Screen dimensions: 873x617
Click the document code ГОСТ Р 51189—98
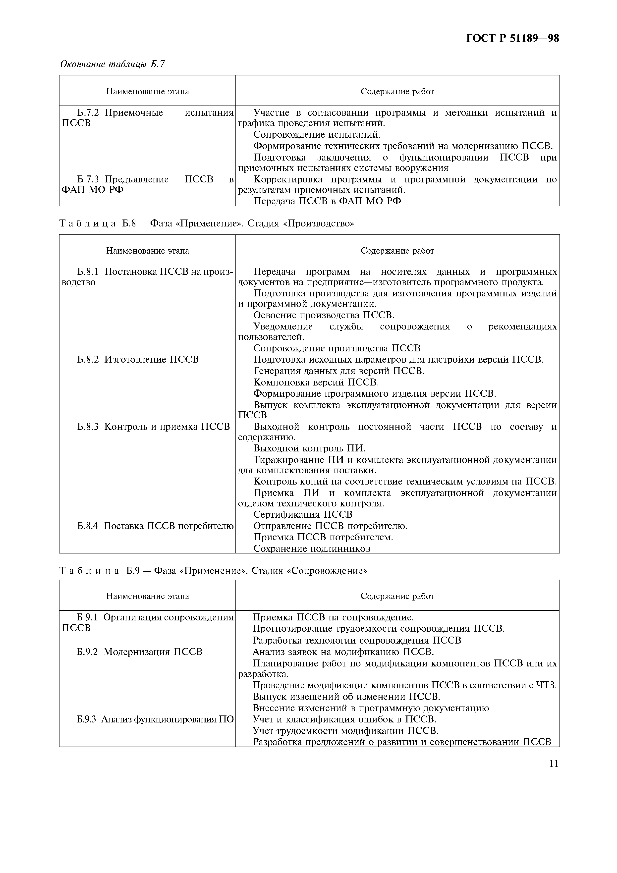[x=512, y=38]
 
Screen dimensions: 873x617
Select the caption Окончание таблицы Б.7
[x=112, y=64]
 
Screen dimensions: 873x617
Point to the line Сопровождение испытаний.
[x=316, y=135]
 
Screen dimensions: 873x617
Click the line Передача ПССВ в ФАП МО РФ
[x=327, y=201]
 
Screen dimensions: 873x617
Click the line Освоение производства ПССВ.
[x=324, y=315]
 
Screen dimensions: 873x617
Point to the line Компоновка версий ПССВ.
[x=316, y=382]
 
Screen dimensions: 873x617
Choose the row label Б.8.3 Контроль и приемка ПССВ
[x=154, y=427]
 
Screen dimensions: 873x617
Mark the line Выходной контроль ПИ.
[x=309, y=449]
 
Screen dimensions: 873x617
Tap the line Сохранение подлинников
[x=311, y=548]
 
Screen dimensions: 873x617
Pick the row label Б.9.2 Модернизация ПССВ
[x=139, y=652]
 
